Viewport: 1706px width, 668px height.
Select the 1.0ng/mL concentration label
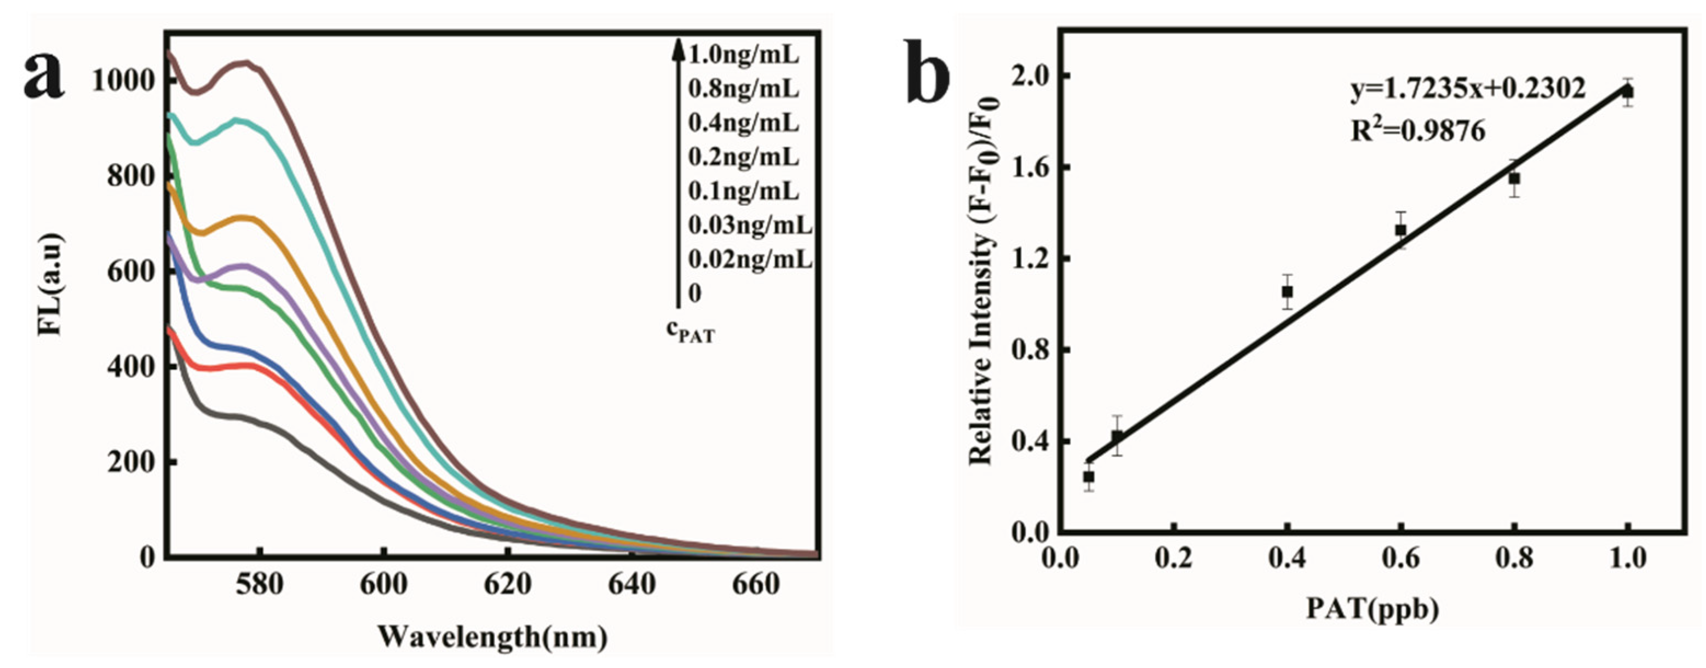point(744,54)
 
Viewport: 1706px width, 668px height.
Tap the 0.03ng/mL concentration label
point(750,226)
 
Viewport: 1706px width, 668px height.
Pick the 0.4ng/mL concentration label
point(744,123)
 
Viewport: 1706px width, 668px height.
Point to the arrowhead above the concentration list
point(677,48)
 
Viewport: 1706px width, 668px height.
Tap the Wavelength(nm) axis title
point(493,637)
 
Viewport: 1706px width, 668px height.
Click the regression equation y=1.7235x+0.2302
point(1468,107)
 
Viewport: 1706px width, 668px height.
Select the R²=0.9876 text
point(1418,132)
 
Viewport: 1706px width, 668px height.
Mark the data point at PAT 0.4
point(1287,291)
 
